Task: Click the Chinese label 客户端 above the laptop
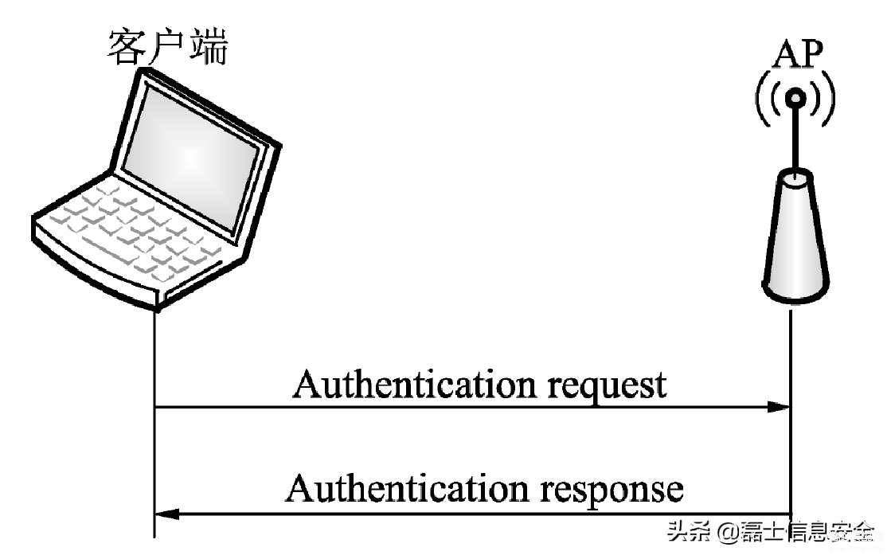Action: [168, 47]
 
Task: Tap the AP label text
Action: [797, 54]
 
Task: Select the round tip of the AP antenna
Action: [795, 99]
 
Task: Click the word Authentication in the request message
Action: [415, 385]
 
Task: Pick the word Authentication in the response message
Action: [407, 489]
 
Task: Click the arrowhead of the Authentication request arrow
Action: [779, 407]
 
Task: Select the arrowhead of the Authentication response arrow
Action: [166, 514]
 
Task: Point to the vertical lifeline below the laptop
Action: [154, 423]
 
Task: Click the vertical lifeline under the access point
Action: [791, 412]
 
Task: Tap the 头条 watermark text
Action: [688, 532]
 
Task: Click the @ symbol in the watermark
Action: [727, 533]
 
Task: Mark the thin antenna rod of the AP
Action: [795, 139]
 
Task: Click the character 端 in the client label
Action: [209, 47]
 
